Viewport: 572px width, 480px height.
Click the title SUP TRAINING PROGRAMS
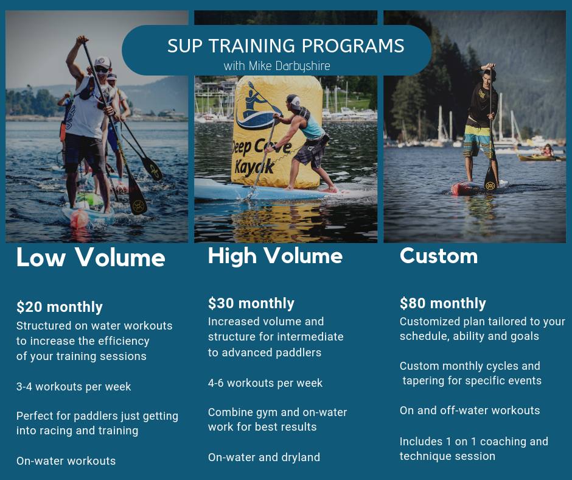[x=285, y=46]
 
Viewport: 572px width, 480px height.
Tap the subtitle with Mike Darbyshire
[x=277, y=66]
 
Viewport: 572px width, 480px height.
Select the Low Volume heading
[x=91, y=257]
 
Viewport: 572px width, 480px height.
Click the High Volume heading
[x=275, y=255]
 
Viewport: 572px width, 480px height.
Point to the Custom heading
[x=439, y=256]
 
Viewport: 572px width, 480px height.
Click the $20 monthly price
[x=60, y=307]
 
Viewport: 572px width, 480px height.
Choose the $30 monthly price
[x=251, y=303]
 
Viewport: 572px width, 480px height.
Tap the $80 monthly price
[x=443, y=303]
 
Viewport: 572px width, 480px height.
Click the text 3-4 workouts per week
[x=74, y=386]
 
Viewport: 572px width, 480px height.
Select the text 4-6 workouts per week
[x=265, y=383]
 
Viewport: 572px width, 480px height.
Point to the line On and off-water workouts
[x=470, y=410]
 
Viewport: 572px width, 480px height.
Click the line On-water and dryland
[x=263, y=457]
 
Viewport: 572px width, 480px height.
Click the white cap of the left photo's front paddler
[x=102, y=62]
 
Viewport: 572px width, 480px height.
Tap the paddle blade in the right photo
[x=490, y=179]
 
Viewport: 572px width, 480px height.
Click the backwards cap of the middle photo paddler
[x=294, y=101]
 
